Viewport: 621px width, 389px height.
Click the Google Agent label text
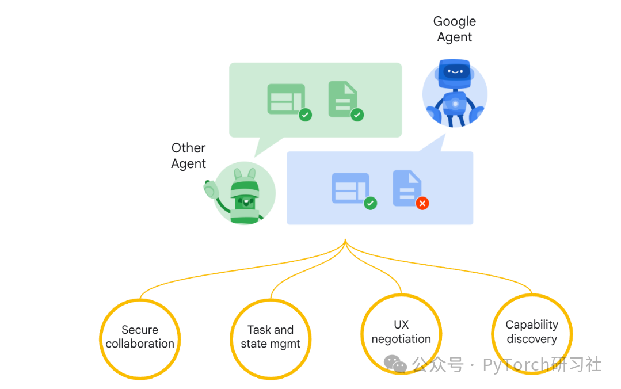454,29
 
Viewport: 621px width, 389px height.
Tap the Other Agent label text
188,156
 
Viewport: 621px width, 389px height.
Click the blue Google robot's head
454,73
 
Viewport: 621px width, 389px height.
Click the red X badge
422,203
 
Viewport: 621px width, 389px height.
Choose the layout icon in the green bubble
286,99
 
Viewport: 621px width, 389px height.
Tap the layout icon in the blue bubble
350,188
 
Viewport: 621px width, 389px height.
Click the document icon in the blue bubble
406,186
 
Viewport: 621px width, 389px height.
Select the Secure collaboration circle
140,337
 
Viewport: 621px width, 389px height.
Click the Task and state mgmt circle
271,337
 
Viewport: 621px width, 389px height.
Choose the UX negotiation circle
401,333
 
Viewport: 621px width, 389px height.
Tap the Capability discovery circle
531,333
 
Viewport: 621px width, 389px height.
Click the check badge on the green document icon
357,115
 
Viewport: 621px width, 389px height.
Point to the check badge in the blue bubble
371,203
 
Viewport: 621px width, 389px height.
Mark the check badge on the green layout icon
305,115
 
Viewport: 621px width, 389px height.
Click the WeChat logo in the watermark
395,363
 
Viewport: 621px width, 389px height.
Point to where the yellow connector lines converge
345,241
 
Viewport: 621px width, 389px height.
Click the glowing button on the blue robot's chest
455,104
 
